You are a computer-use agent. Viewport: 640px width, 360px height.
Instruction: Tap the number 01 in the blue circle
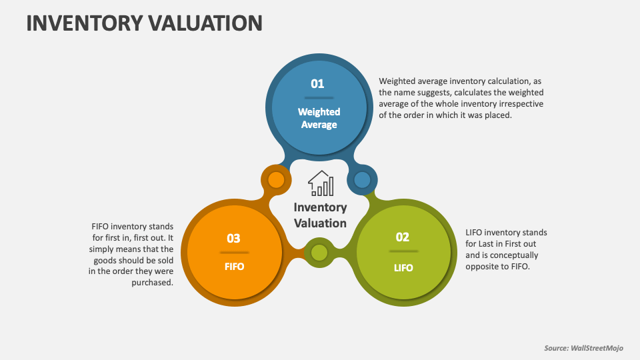317,84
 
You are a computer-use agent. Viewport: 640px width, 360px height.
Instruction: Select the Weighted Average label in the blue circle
319,118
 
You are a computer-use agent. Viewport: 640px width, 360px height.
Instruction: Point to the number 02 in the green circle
403,237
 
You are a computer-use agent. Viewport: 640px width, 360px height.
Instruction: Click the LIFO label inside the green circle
403,268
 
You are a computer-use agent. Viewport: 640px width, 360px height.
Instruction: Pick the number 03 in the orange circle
233,239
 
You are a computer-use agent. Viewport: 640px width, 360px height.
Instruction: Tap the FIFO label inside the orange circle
234,267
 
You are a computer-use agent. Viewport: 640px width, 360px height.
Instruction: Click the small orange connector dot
275,180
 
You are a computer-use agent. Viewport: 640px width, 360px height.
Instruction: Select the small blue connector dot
362,179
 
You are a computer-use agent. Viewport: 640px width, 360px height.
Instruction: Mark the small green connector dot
319,253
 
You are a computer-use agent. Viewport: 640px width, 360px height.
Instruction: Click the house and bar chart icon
320,183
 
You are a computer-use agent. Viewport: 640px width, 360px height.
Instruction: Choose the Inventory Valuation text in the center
320,215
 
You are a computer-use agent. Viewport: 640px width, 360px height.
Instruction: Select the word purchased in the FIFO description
153,283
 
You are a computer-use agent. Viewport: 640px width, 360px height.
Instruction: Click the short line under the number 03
233,253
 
